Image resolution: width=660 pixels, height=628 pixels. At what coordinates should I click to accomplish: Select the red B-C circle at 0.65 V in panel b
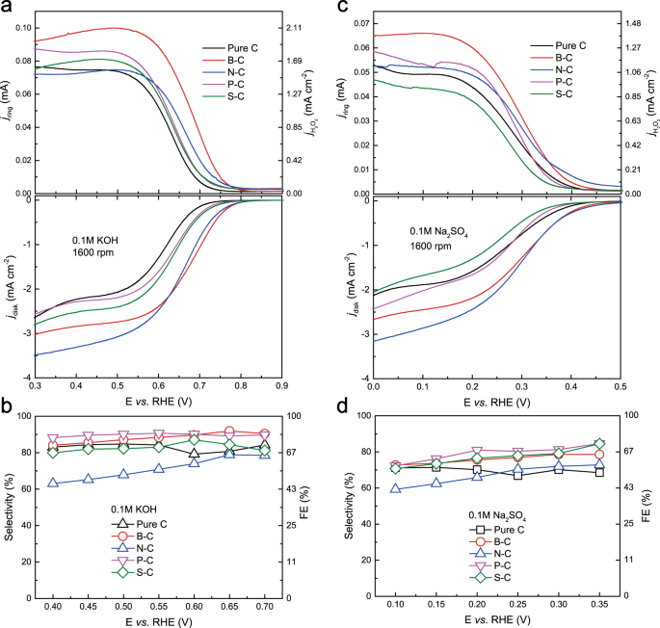[x=229, y=432]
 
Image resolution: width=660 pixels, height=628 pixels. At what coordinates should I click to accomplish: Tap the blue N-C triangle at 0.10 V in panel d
[x=396, y=488]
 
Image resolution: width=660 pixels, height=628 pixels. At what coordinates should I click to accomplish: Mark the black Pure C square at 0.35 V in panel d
[x=599, y=472]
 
